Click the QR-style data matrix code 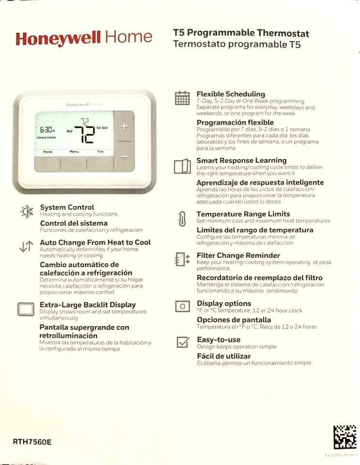click(x=345, y=437)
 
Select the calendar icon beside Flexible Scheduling click(x=182, y=98)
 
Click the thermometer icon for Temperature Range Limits click(x=182, y=219)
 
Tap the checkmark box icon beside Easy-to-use click(x=182, y=342)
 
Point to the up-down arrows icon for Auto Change click(x=26, y=246)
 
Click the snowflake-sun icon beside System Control click(x=26, y=212)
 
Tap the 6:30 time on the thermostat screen click(x=47, y=130)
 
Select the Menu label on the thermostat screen click(x=74, y=152)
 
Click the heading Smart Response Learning click(x=241, y=160)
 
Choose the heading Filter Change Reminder click(x=238, y=255)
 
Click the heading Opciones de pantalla click(x=234, y=320)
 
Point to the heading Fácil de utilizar click(x=224, y=356)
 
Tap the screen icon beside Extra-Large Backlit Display click(x=26, y=309)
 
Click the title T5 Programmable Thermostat click(x=241, y=33)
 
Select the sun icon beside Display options click(x=182, y=306)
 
